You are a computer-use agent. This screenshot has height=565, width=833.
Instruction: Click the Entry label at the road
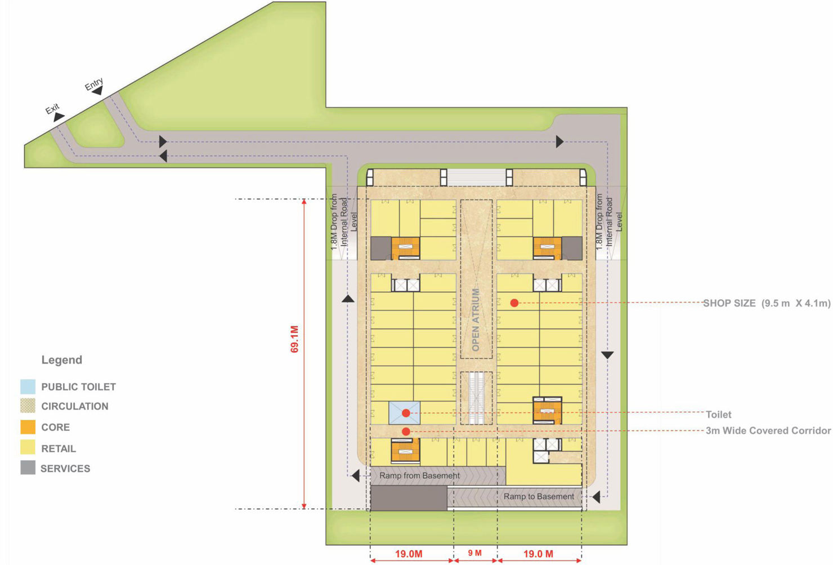93,84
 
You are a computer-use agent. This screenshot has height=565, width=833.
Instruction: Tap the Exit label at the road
52,109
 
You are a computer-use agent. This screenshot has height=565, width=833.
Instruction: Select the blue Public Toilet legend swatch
28,387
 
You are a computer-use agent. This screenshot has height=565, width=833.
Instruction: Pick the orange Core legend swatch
28,427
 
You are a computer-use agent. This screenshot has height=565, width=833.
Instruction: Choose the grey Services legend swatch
28,468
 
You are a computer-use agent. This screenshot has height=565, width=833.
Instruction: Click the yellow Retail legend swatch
28,447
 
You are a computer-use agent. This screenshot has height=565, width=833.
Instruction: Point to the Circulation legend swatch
28,406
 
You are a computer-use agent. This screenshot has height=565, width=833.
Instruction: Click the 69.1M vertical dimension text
294,339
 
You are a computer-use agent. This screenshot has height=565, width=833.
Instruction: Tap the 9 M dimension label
474,553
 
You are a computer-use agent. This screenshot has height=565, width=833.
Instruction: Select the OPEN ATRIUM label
476,320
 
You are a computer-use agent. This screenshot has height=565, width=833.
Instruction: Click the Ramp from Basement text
419,475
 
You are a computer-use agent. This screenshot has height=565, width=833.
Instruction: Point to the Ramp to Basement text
539,496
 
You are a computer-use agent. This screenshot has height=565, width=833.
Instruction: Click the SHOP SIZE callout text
767,304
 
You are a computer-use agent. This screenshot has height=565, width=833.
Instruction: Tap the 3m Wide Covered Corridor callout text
768,430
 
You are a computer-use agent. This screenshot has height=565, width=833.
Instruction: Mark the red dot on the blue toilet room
406,413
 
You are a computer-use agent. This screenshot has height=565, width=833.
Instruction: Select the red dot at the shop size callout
514,303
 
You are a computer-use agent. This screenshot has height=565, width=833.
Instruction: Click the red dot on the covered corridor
406,431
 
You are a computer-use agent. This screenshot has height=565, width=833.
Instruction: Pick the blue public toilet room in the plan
405,413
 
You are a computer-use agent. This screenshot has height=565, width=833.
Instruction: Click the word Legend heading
62,360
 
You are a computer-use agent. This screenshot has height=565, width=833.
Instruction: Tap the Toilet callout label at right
718,415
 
